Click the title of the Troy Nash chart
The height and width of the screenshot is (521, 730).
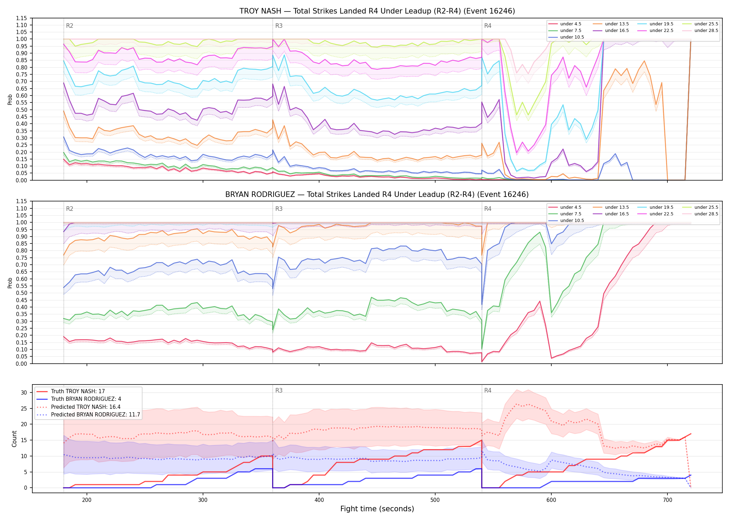tap(377, 11)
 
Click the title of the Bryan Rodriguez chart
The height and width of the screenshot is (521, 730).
tap(377, 195)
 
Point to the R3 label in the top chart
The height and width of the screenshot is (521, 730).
tap(279, 26)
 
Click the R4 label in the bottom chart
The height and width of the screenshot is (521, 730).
tap(488, 390)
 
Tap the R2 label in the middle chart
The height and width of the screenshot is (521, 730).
tap(70, 209)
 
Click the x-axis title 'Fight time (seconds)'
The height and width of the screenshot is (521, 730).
tap(377, 509)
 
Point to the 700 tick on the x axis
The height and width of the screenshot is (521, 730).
tap(667, 500)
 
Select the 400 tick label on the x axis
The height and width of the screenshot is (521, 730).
tap(319, 500)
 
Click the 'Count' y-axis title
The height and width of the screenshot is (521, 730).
tap(14, 439)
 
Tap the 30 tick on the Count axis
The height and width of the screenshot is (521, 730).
tap(24, 393)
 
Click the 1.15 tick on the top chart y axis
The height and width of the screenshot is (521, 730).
tap(22, 18)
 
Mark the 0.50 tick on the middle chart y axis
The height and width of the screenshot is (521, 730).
tap(22, 293)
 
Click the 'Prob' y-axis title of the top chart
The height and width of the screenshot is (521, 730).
tap(10, 99)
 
